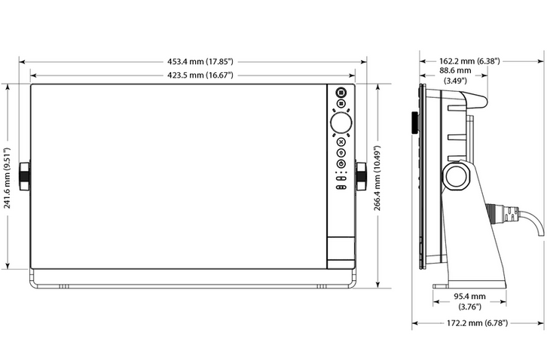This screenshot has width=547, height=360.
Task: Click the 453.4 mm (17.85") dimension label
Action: (200, 62)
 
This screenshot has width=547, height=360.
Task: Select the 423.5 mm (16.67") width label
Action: (200, 75)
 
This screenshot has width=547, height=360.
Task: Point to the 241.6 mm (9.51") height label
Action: (7, 178)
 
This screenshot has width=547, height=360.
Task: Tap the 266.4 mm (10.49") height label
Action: (377, 178)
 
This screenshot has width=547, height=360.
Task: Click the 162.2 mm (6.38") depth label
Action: (469, 61)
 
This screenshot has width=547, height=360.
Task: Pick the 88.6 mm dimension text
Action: (455, 71)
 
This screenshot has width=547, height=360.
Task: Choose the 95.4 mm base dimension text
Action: (469, 297)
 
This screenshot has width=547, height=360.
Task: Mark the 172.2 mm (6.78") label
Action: (477, 323)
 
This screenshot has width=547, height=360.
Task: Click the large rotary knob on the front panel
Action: (341, 123)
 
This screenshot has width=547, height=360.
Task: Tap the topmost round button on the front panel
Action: (341, 93)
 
